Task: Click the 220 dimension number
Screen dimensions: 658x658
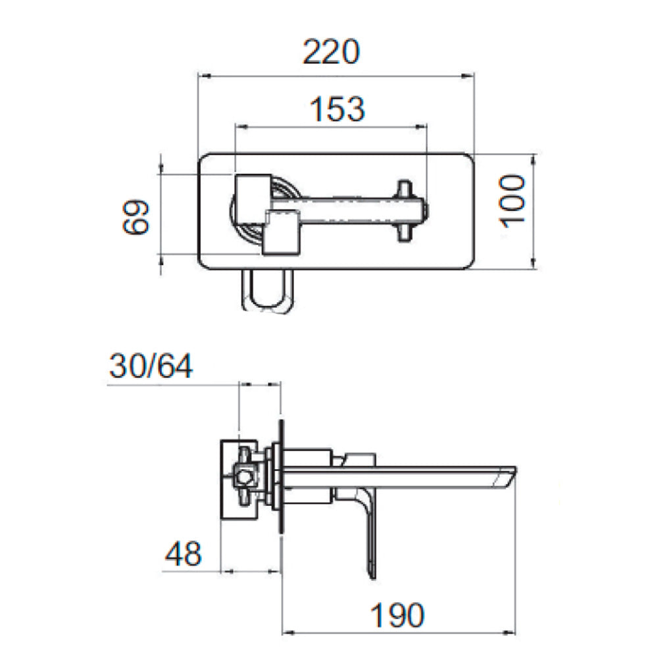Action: click(x=331, y=52)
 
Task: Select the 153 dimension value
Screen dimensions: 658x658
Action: click(x=338, y=109)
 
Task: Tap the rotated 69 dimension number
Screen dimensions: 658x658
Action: click(x=136, y=216)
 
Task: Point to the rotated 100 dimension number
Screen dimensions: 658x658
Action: click(x=512, y=202)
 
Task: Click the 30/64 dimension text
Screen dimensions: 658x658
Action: click(x=151, y=366)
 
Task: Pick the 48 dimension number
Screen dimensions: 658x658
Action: click(x=184, y=554)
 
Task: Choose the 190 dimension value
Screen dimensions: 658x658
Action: click(x=397, y=615)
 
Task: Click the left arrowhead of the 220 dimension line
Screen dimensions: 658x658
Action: click(x=204, y=76)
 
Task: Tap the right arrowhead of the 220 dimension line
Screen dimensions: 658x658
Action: click(x=467, y=76)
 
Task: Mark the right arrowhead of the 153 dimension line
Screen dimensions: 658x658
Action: click(x=421, y=126)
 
